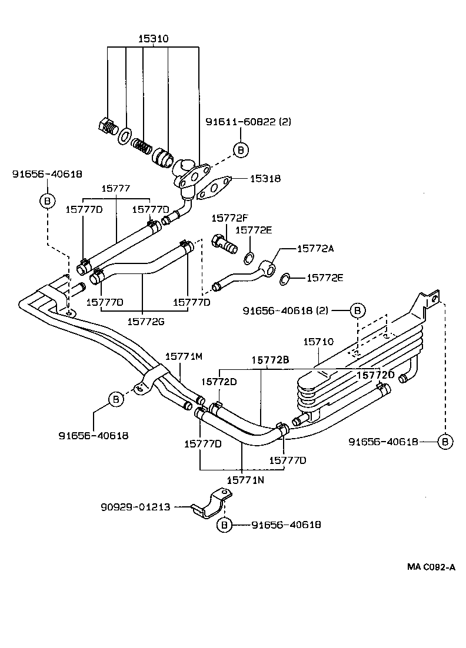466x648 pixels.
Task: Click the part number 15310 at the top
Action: pos(153,39)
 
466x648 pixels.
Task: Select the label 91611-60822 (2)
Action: pos(248,122)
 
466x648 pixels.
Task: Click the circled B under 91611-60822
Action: pos(240,150)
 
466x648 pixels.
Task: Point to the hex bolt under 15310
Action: pos(106,126)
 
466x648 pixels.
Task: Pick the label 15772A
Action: pos(315,249)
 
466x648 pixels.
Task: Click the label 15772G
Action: pos(143,321)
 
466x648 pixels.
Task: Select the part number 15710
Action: pos(318,342)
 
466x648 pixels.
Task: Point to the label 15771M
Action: pos(184,356)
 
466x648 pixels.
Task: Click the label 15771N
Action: pos(245,480)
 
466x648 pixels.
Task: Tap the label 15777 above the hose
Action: pos(115,188)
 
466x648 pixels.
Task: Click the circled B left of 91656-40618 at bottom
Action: pos(224,524)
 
